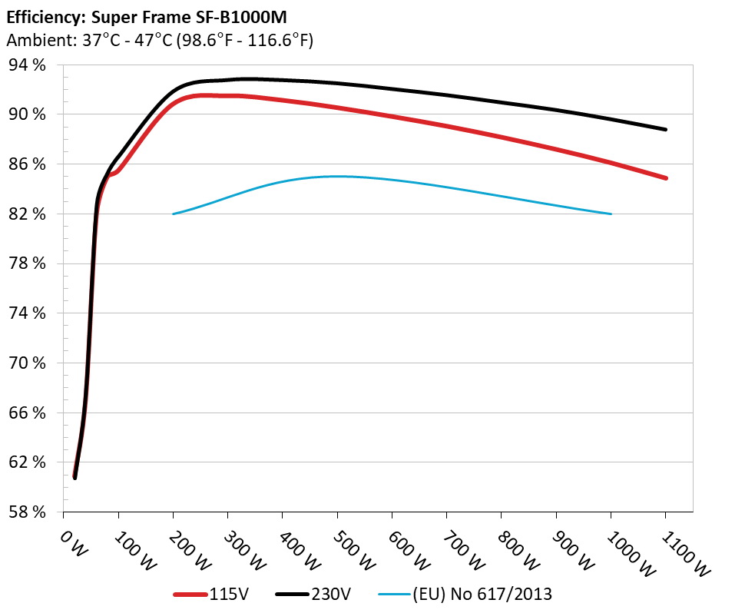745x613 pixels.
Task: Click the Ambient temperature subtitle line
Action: tap(160, 40)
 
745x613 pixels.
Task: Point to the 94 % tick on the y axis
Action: tap(27, 65)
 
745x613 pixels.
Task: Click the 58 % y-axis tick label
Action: tap(27, 512)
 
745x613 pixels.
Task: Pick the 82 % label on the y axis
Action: tap(27, 214)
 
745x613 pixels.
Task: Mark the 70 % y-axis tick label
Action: tap(27, 363)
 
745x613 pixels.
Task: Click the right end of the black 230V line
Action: tap(666, 130)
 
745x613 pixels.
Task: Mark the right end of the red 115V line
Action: tap(666, 178)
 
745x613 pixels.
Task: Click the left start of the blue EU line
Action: tap(174, 214)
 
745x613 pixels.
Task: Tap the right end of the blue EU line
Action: tap(611, 214)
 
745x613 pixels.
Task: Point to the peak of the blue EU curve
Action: tap(338, 176)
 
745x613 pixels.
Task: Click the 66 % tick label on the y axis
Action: tap(27, 413)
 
